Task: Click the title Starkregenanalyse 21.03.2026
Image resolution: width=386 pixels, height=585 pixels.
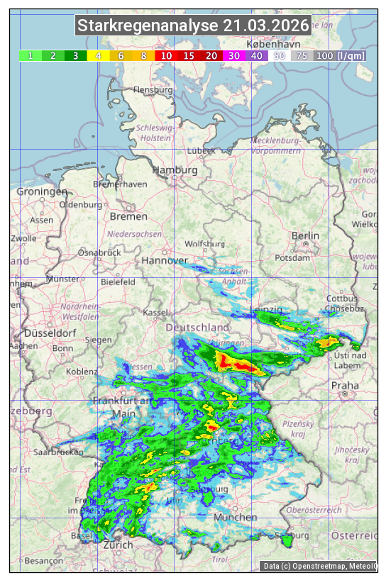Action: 194,26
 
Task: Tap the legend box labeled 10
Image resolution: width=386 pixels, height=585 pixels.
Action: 166,55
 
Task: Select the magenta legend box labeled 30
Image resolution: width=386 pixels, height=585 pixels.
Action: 233,55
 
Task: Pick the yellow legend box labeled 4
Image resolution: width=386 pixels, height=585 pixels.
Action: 98,55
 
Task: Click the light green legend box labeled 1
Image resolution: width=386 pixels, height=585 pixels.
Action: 31,55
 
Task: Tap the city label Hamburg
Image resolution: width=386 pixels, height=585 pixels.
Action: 175,171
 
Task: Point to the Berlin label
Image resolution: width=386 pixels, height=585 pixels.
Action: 305,235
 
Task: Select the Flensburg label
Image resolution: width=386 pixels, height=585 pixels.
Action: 153,91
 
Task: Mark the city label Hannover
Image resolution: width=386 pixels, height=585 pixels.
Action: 164,260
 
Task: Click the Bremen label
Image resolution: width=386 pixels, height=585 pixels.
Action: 128,216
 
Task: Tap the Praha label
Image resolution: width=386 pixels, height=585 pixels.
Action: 345,386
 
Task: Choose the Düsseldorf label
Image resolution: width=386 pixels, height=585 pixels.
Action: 50,333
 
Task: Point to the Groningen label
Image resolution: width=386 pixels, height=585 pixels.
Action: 42,191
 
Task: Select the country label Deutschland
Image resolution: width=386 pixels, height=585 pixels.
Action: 197,327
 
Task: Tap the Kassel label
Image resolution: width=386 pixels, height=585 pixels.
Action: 155,313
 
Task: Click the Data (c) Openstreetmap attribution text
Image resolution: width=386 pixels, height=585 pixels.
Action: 319,566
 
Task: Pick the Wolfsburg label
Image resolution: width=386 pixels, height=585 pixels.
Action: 204,244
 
